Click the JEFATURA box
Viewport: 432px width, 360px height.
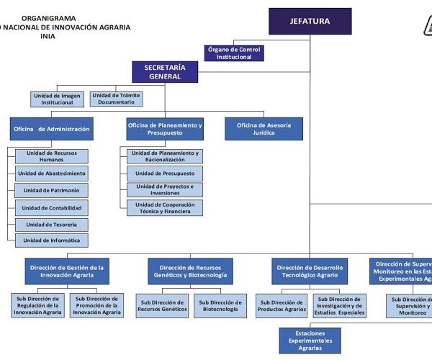310,21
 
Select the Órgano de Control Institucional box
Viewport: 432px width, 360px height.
234,53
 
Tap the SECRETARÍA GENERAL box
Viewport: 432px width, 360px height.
165,71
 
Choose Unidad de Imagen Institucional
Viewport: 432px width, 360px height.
58,99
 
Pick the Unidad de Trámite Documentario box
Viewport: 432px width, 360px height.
117,99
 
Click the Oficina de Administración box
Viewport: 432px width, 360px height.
52,129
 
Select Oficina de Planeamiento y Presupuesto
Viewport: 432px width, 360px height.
165,129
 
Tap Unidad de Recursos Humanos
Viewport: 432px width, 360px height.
51,156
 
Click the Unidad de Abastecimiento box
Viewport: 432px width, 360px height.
51,174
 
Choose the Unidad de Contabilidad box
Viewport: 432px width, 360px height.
51,208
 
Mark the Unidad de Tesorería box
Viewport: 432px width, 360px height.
51,224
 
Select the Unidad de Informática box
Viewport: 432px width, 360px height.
51,240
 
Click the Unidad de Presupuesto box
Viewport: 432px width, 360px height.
165,174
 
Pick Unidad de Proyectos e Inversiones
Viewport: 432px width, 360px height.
165,190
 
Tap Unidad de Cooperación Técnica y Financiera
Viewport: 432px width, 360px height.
165,208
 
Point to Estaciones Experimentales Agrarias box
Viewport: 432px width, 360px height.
310,341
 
